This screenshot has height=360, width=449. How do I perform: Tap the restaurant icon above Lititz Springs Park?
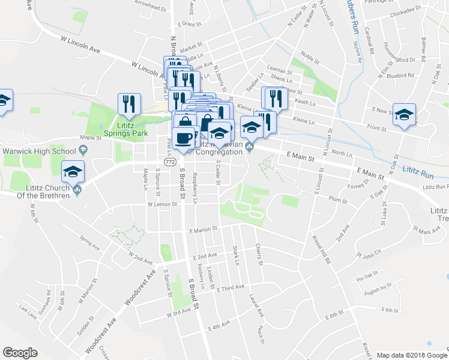pos(129,104)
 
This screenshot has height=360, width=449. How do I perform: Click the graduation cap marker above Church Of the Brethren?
pos(73,172)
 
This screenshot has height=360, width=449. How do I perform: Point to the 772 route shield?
pos(170,162)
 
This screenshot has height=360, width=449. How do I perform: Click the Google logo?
pos(21,352)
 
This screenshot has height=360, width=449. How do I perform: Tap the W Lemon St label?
pos(164,205)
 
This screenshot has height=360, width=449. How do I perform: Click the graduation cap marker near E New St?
pos(405,114)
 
